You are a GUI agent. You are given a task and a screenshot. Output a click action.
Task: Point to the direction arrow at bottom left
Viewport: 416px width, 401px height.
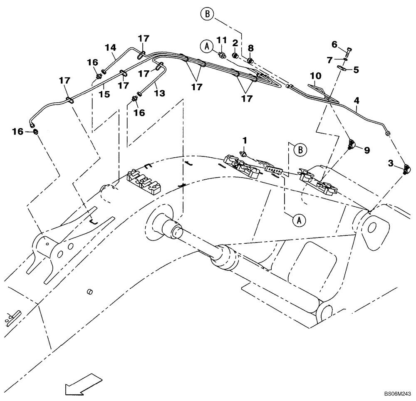(83, 385)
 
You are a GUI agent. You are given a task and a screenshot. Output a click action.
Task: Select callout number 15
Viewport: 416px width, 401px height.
(104, 94)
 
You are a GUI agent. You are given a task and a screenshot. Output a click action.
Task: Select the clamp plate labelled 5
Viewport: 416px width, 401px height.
(343, 69)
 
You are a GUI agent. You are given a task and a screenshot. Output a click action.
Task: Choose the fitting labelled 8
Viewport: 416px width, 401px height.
(250, 61)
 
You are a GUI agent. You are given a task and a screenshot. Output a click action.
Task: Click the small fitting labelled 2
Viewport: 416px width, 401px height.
(236, 55)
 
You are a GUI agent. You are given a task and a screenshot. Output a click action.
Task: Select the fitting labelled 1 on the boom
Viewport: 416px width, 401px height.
(244, 154)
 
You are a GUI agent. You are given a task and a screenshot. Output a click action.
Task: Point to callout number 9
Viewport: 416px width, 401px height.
(366, 150)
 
